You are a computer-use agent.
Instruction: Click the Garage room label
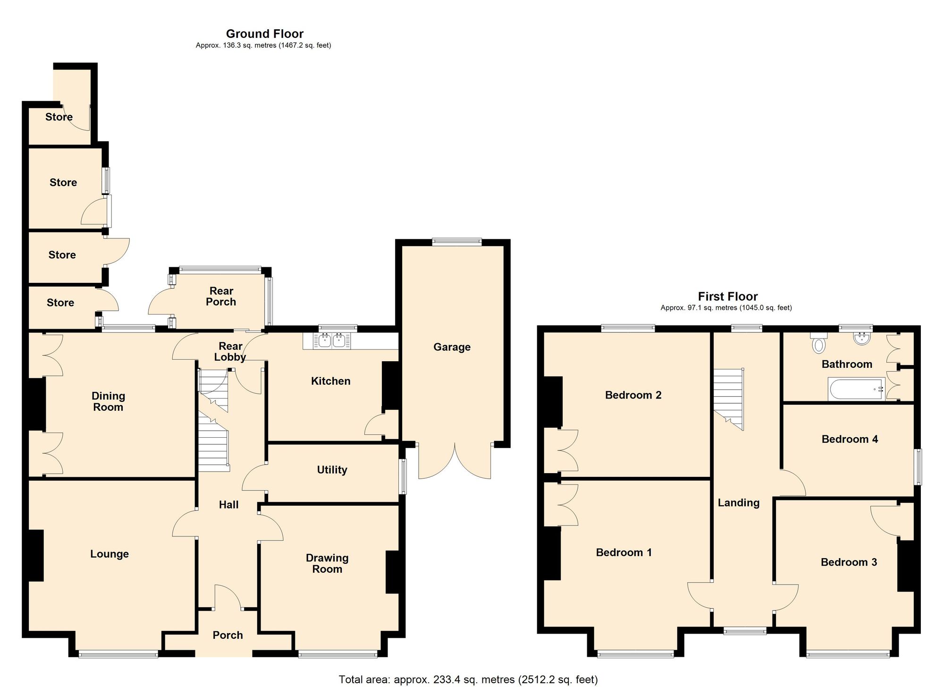[x=452, y=347]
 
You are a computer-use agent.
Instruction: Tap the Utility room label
[x=332, y=469]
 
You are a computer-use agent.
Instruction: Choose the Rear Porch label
[x=221, y=297]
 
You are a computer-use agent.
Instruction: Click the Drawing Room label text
[x=327, y=563]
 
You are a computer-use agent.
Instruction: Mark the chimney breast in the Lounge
[x=35, y=555]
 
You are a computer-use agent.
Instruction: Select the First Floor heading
[x=727, y=297]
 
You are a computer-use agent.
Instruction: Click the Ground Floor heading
[x=264, y=34]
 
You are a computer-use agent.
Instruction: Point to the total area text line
[x=468, y=679]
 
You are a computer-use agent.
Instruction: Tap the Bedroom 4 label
[x=850, y=439]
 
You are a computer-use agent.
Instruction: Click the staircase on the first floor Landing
[x=728, y=397]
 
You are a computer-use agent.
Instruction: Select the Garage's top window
[x=456, y=242]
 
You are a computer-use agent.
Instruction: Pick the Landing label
[x=738, y=503]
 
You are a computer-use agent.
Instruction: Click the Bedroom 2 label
[x=633, y=395]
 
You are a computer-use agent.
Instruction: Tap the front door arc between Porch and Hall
[x=228, y=596]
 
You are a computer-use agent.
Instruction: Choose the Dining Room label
[x=108, y=401]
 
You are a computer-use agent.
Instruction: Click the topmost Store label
[x=59, y=117]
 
